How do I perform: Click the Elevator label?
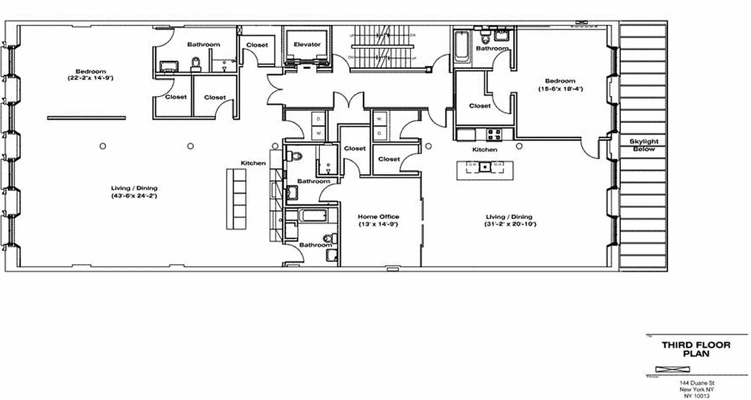(x=307, y=44)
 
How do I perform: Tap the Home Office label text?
(x=378, y=216)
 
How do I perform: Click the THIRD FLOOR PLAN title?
(x=696, y=349)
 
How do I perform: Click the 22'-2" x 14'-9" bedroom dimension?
(x=91, y=78)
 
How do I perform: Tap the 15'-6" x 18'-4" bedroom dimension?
(x=560, y=88)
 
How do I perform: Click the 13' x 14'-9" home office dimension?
(x=378, y=224)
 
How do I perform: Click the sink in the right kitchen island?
(x=485, y=167)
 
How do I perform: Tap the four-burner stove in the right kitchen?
(x=495, y=134)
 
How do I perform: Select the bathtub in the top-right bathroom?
(x=462, y=46)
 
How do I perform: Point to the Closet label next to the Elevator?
(x=257, y=45)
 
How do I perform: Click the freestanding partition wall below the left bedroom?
(x=87, y=118)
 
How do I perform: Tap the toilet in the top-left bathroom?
(x=196, y=62)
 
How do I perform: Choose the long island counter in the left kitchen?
(x=236, y=198)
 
